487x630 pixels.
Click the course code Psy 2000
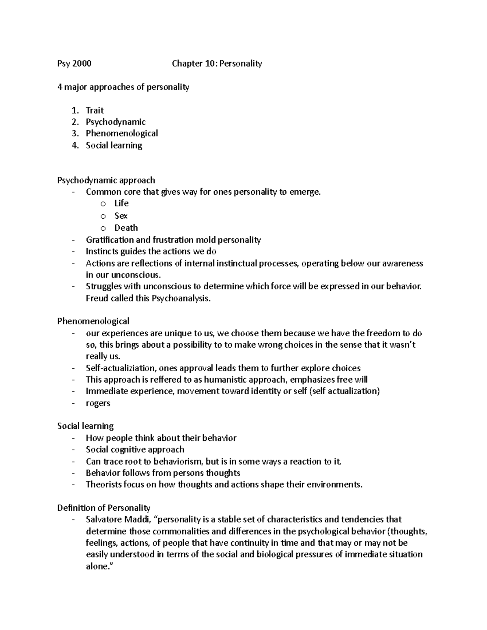coord(74,63)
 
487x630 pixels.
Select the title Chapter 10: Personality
coord(217,63)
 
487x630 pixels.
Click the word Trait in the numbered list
coord(95,110)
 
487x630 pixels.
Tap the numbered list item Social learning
coord(114,145)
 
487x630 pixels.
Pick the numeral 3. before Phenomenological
coord(75,133)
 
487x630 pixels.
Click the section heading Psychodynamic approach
coord(106,180)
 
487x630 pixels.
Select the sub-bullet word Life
coord(121,203)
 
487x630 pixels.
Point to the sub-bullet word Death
coord(126,228)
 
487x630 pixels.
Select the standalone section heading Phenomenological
coord(93,321)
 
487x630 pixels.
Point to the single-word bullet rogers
coord(98,403)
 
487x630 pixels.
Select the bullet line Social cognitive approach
coord(135,449)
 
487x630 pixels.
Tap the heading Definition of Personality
coord(103,508)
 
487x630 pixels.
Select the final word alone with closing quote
coord(98,566)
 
